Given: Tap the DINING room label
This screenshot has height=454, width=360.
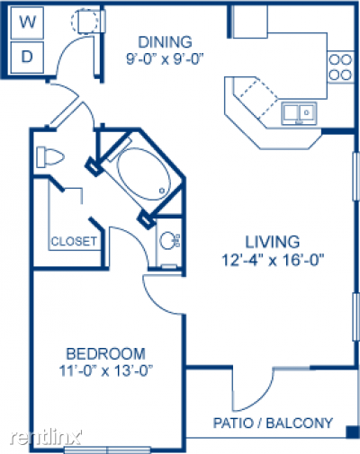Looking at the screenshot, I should (165, 41).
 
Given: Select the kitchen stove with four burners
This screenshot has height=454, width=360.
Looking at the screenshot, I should (341, 66).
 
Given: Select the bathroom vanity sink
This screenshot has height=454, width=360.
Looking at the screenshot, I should (168, 241).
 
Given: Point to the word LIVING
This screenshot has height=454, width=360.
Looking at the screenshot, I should (272, 241).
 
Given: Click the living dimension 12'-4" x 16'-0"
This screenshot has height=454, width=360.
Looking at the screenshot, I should (272, 262).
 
